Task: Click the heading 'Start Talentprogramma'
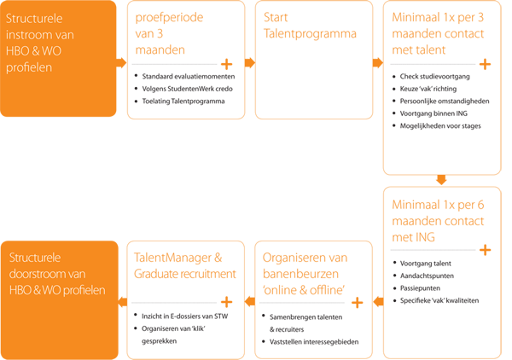click(310, 26)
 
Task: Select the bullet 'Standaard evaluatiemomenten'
click(189, 77)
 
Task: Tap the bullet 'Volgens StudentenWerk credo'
click(188, 89)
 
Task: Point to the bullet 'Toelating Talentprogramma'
click(183, 102)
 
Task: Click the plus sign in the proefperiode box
click(227, 64)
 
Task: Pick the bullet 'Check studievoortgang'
click(435, 77)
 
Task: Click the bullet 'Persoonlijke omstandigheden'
click(445, 102)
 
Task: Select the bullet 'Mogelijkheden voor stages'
click(440, 126)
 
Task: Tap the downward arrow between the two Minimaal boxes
click(441, 179)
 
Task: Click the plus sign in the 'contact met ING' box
click(486, 250)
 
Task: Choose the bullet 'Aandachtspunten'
click(428, 276)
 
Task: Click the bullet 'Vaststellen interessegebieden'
click(314, 342)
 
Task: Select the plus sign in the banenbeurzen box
click(358, 302)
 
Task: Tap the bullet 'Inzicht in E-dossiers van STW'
click(185, 316)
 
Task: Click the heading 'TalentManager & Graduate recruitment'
click(185, 265)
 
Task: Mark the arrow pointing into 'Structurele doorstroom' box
click(122, 302)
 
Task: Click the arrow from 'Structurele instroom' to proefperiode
click(121, 62)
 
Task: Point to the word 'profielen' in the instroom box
click(29, 67)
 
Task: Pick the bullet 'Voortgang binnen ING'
click(433, 113)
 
